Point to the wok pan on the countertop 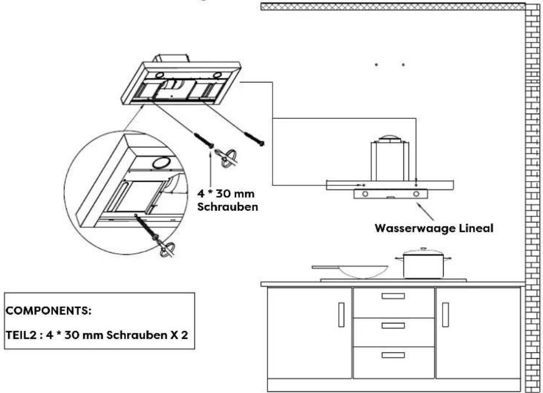point(361,270)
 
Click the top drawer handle point(393,296)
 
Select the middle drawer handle point(393,325)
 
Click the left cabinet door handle point(341,315)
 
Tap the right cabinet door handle point(445,315)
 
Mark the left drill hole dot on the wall point(376,65)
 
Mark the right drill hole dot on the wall point(403,65)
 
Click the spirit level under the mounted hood point(390,194)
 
